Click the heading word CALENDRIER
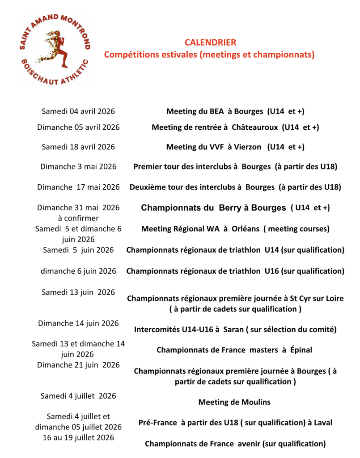210,42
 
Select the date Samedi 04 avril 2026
78,111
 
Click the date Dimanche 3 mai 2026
78,167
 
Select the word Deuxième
148,187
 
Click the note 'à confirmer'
78,218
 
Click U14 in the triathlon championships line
272,250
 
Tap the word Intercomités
157,330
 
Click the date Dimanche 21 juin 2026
78,365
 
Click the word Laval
322,423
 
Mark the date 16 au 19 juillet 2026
78,437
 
